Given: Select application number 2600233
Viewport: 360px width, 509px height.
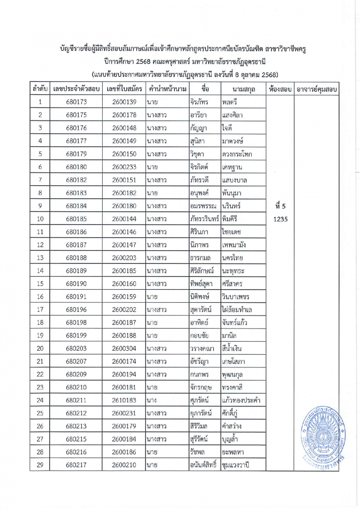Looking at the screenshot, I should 124,167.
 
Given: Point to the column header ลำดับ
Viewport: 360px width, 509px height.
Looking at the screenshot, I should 40,89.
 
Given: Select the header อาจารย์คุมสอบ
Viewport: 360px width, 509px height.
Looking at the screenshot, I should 317,89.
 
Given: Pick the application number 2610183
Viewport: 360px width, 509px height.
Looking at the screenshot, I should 124,400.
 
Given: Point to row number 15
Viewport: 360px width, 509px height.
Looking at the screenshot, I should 40,283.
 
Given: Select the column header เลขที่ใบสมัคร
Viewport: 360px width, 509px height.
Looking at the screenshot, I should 124,89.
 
